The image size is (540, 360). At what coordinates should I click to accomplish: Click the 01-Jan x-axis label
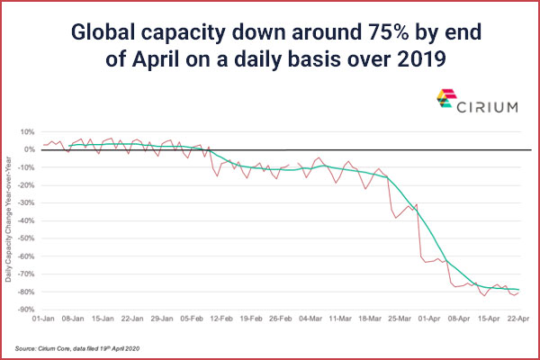[45, 319]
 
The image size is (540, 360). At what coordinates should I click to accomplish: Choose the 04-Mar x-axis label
[311, 319]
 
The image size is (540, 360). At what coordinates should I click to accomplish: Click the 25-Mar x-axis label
[400, 319]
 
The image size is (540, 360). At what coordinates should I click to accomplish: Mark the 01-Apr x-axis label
[430, 319]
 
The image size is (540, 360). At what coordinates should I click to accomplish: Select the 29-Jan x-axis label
[163, 319]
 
